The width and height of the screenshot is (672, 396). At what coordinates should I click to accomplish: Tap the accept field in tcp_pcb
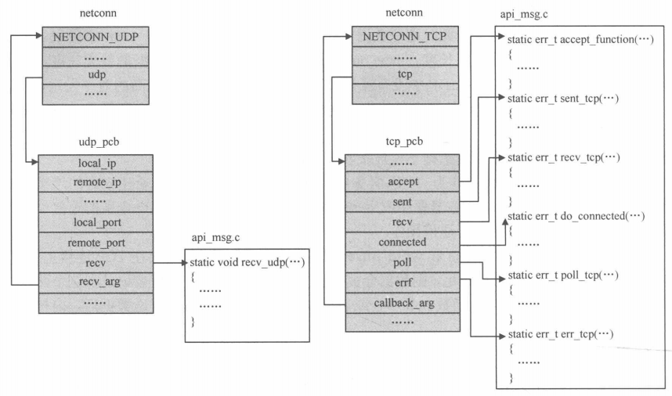(x=402, y=182)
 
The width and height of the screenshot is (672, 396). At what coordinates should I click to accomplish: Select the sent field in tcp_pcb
(x=402, y=202)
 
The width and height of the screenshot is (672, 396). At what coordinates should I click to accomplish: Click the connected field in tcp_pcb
(x=402, y=242)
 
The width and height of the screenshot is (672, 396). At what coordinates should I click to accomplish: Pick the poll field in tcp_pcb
(x=402, y=261)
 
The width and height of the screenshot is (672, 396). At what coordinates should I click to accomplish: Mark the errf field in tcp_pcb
(x=402, y=281)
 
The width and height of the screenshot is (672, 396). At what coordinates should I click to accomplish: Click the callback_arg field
(x=402, y=301)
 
